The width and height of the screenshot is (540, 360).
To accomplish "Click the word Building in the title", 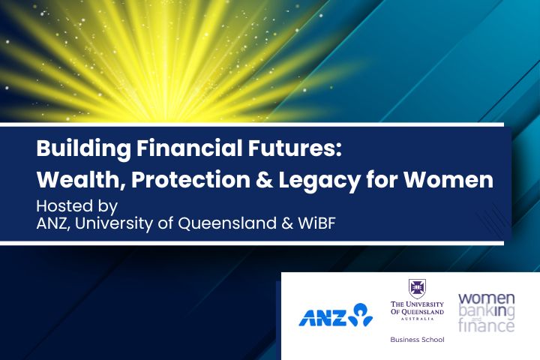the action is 84,148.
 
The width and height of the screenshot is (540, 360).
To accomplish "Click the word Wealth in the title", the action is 80,179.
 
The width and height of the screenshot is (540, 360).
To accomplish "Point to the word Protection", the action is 190,179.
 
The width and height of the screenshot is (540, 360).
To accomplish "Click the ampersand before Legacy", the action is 264,180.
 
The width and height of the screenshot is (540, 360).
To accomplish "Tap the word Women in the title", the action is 448,180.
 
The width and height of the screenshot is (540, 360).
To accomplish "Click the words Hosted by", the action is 77,206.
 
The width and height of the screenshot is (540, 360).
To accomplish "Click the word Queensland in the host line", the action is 227,223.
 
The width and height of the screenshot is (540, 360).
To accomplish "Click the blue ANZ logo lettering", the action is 322,318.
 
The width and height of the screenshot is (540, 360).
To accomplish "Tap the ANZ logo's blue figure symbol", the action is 361,314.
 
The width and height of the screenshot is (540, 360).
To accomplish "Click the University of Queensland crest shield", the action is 417,289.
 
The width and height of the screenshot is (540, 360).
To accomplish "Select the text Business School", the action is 417,340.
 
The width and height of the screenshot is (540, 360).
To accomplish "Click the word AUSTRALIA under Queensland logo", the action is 417,319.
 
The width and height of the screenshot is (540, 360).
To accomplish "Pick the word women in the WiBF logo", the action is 486,298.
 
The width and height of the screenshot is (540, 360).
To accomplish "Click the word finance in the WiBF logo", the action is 486,325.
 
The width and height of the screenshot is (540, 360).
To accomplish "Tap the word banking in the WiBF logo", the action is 486,312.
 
